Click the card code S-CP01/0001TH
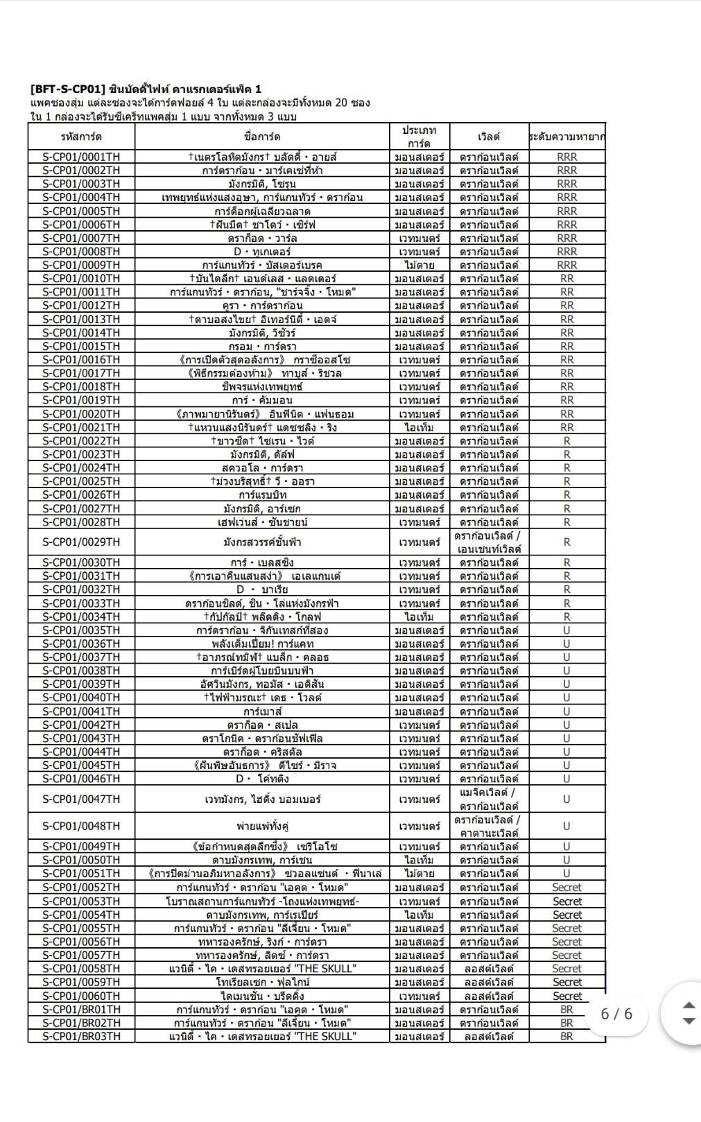81,157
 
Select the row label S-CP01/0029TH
81,542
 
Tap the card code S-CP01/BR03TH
81,1036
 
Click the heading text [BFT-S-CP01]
67,89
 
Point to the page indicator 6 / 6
616,1014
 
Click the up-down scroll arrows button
688,1013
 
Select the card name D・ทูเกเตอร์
262,252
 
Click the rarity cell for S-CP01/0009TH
566,265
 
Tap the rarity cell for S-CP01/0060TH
566,996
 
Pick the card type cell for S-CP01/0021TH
419,427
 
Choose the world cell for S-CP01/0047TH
488,799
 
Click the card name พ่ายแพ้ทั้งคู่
262,826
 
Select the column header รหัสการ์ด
81,137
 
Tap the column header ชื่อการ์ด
262,137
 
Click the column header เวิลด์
488,137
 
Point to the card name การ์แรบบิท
262,495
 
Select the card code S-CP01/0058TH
81,969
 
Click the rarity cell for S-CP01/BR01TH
566,1010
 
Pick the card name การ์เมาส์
262,711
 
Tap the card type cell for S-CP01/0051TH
419,874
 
